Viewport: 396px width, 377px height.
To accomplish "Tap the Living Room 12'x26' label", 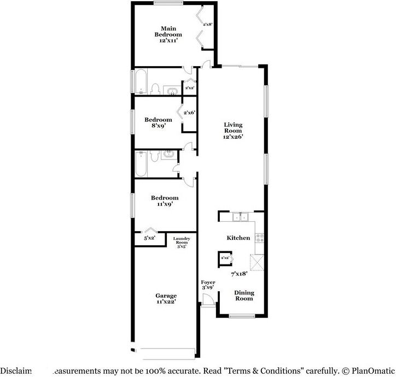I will [x=233, y=131].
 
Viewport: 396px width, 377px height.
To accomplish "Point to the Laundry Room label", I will [x=182, y=243].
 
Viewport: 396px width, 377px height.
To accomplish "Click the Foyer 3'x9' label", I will [x=207, y=285].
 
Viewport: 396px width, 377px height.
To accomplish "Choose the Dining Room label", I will [x=244, y=296].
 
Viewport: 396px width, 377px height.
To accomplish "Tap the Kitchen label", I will [x=238, y=238].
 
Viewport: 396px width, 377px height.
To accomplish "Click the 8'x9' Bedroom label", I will [x=158, y=122].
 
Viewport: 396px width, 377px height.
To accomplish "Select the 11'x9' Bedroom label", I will [x=165, y=201].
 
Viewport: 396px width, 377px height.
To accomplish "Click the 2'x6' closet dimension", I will [x=189, y=113].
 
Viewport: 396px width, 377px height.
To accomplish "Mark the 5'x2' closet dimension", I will [x=149, y=238].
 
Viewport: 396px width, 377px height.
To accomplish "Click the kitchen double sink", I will [x=240, y=217].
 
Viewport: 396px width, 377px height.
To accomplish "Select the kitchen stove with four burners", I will [x=259, y=238].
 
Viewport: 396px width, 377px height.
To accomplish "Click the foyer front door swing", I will [x=207, y=300].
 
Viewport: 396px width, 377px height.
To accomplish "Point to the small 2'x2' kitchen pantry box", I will [x=225, y=257].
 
